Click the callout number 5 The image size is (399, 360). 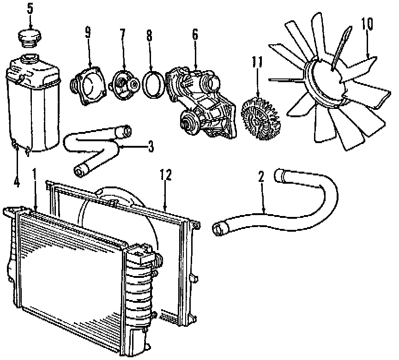tap(30, 8)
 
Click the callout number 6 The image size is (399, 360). tap(194, 34)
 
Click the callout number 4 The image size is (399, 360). tap(17, 182)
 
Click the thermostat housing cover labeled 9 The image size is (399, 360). tap(88, 83)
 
